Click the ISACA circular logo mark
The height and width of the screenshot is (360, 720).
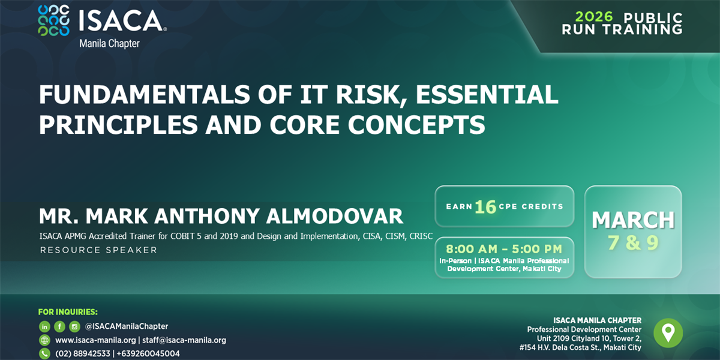click(53, 20)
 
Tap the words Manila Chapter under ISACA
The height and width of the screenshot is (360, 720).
click(109, 43)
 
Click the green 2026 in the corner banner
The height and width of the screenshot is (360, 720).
click(594, 17)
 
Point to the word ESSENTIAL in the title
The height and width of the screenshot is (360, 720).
click(487, 95)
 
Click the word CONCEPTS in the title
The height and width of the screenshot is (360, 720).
click(416, 125)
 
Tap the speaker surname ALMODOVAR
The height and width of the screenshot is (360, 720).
click(334, 216)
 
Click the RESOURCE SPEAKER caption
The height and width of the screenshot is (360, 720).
click(98, 250)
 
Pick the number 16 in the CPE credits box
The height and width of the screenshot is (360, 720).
click(485, 206)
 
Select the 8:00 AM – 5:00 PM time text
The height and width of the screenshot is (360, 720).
click(504, 249)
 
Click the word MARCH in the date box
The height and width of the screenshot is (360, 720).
click(633, 220)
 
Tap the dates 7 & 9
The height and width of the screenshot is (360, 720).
click(633, 242)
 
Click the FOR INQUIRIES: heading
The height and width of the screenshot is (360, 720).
click(68, 312)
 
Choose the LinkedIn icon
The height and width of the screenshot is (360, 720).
click(44, 326)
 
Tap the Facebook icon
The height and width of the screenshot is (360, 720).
click(59, 326)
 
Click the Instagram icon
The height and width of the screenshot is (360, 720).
click(74, 326)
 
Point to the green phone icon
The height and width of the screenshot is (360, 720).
click(44, 353)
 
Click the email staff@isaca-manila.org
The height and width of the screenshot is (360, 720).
click(184, 340)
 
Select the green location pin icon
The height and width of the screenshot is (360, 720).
click(668, 333)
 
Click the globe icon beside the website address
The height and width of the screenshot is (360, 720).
click(44, 340)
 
